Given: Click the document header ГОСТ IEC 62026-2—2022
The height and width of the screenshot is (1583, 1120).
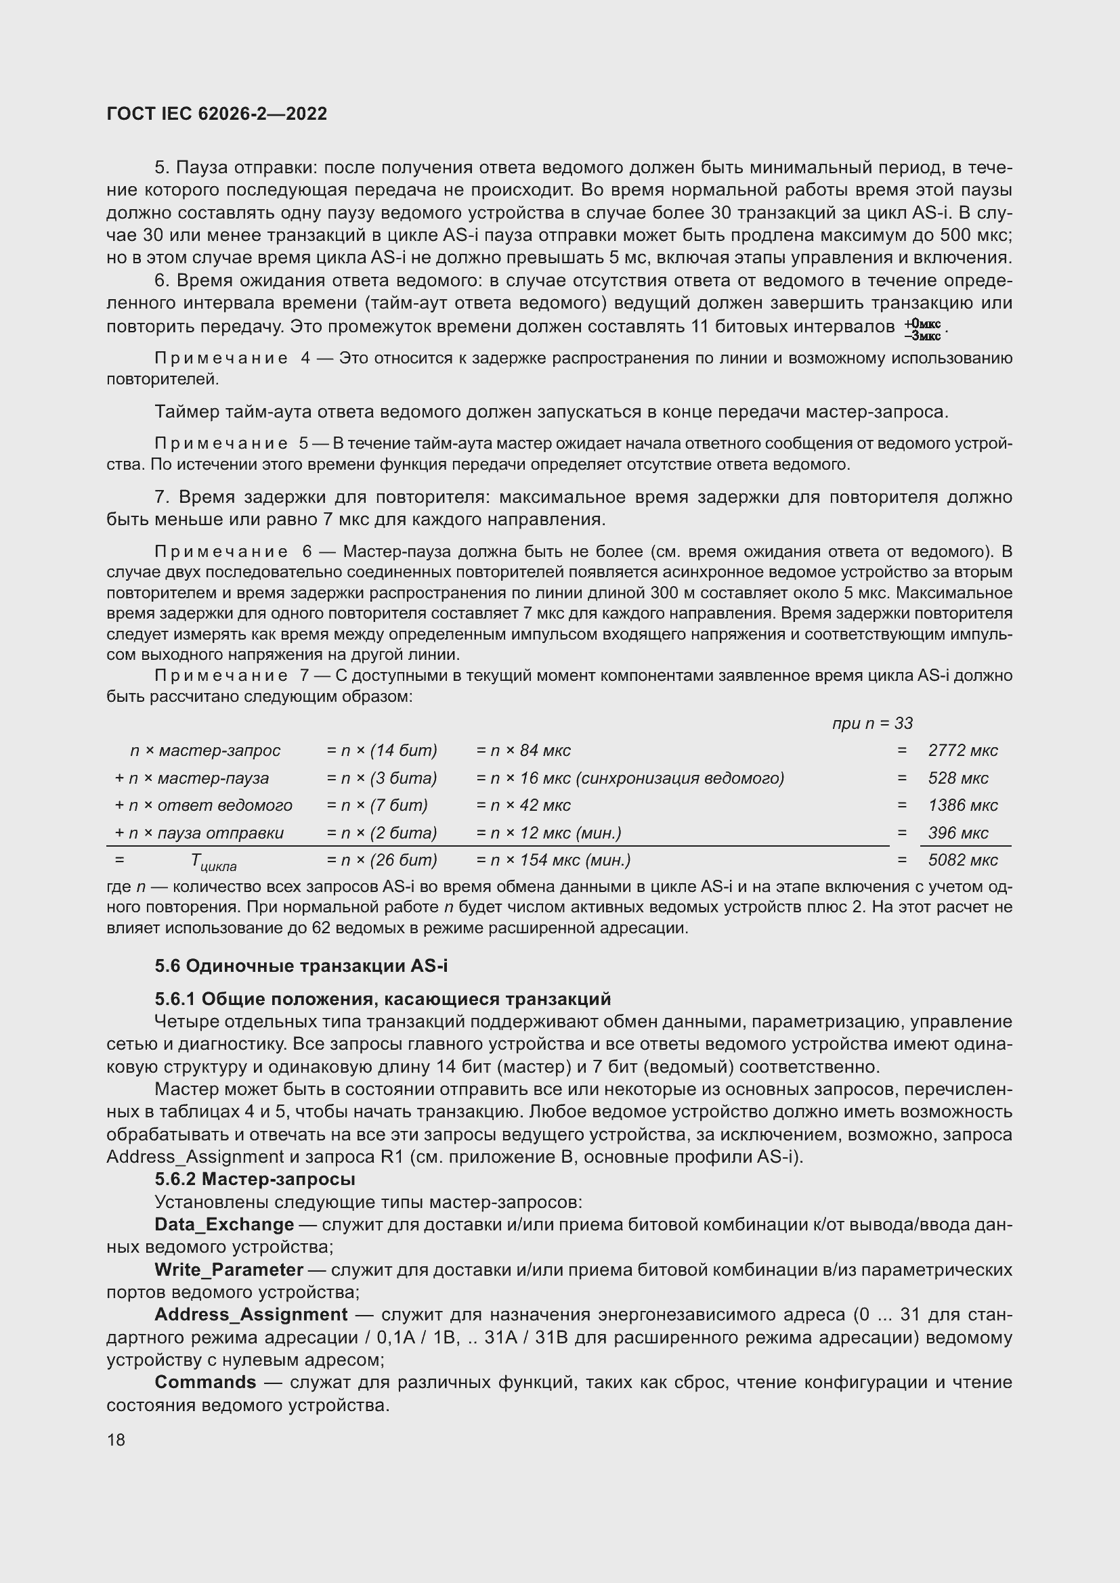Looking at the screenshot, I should click(217, 114).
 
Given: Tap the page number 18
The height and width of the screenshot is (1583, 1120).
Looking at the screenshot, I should click(116, 1440).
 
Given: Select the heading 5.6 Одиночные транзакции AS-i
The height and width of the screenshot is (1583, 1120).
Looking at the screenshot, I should click(301, 966).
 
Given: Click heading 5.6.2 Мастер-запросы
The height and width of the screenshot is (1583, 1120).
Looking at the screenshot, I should click(255, 1179).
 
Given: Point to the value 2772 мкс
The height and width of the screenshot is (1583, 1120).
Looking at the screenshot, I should click(963, 750).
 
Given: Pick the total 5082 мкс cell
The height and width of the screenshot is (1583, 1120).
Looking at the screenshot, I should click(963, 860).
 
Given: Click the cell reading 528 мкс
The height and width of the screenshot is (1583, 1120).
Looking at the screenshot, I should click(958, 778).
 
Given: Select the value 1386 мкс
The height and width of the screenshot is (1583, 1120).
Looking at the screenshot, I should click(963, 805).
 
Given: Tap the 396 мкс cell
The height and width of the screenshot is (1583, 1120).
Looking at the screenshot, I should click(958, 833).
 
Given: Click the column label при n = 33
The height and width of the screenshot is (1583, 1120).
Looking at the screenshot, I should click(871, 723).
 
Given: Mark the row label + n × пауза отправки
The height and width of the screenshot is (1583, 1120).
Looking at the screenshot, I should click(198, 833).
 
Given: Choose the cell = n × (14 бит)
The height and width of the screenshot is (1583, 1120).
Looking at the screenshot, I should click(381, 750).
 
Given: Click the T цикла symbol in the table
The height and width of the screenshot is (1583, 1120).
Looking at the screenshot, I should click(213, 861).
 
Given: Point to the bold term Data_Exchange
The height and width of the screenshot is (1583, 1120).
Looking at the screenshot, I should click(224, 1224).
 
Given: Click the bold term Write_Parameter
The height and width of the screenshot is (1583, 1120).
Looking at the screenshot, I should click(229, 1269).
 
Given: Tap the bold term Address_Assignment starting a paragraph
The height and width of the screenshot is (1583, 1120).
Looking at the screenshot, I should click(251, 1315).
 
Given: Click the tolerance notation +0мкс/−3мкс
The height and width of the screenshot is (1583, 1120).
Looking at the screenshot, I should click(923, 330).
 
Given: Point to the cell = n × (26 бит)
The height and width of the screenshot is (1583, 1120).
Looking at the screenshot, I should click(381, 860).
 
